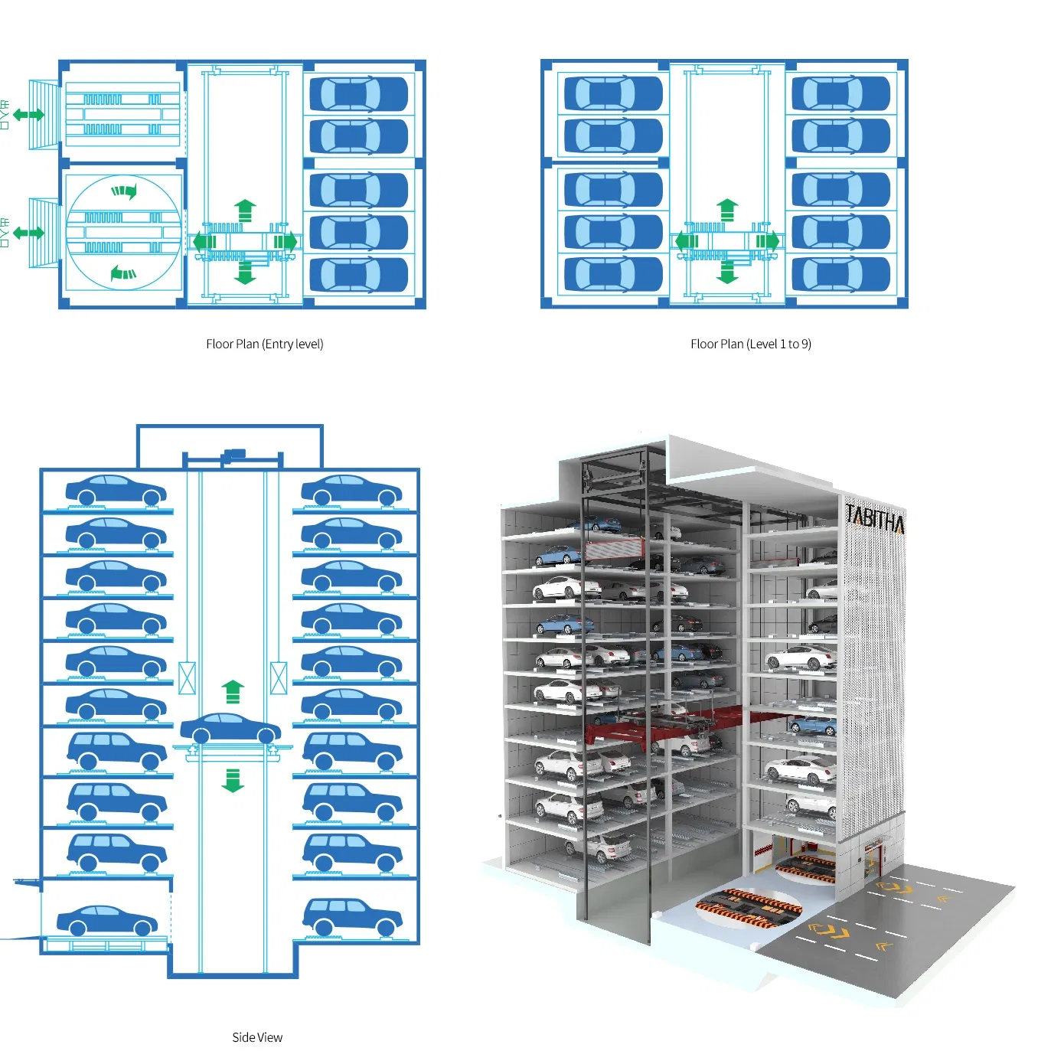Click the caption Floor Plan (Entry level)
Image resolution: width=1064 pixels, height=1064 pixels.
click(x=264, y=344)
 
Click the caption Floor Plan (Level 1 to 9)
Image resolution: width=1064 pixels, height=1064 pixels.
click(x=750, y=344)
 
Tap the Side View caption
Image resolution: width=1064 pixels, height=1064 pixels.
click(x=257, y=1037)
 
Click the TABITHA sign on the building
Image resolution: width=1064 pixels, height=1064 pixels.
click(x=875, y=520)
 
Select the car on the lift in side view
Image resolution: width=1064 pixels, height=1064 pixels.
click(x=230, y=728)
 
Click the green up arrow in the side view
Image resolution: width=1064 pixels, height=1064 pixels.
click(x=233, y=691)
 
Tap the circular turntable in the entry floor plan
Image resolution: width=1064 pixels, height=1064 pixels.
click(x=123, y=233)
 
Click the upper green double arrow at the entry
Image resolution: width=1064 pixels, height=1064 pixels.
click(x=29, y=115)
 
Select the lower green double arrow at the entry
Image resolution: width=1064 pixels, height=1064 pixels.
click(x=29, y=233)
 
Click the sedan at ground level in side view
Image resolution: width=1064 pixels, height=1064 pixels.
click(x=106, y=921)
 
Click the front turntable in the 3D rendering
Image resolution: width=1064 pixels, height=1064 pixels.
click(x=749, y=908)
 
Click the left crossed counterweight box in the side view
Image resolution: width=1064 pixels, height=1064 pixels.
click(x=187, y=678)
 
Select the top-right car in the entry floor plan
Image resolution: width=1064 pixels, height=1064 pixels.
click(x=358, y=94)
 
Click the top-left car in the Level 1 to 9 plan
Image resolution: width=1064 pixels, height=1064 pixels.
click(x=613, y=93)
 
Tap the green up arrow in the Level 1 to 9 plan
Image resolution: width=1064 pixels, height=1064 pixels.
click(x=727, y=210)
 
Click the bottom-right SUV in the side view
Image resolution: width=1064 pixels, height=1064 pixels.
click(x=352, y=916)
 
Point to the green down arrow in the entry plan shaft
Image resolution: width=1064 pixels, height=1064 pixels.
click(x=245, y=272)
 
